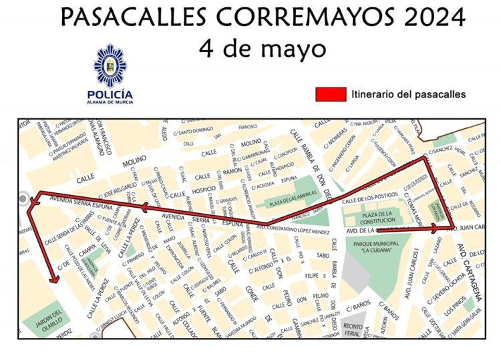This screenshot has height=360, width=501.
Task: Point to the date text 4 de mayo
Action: point(263,47)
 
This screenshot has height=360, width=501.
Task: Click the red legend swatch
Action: point(330,94)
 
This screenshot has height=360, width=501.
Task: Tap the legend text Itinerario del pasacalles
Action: point(408,94)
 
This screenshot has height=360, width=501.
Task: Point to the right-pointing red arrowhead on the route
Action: point(436,228)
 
